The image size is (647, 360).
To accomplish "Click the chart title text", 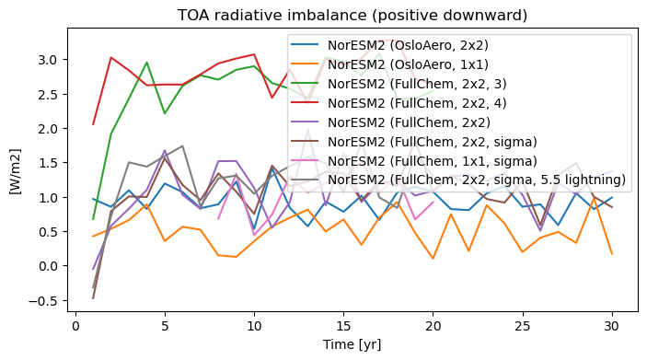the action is click(x=352, y=16).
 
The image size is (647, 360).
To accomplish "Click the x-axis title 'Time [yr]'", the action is click(x=352, y=344).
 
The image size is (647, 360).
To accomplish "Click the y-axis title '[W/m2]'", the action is click(x=16, y=171).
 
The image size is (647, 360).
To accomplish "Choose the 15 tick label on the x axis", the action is click(x=343, y=326).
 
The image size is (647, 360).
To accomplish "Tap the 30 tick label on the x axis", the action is click(x=611, y=326).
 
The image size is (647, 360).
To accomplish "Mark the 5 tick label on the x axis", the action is click(x=165, y=326).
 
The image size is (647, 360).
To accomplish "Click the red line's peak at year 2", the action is click(x=111, y=57).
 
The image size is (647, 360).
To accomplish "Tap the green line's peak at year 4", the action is click(x=146, y=63).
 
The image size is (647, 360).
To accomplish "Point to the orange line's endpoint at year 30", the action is click(x=611, y=254).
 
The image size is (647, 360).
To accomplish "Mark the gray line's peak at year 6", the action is click(x=182, y=145).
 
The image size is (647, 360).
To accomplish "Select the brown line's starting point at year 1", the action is click(x=93, y=298).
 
